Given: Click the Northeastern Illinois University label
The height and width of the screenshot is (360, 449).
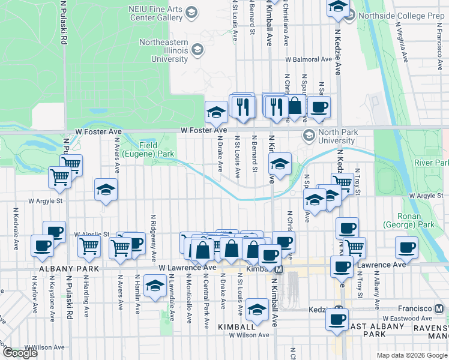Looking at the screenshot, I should pyautogui.click(x=164, y=50).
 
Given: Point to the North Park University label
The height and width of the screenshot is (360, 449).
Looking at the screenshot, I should pyautogui.click(x=328, y=136).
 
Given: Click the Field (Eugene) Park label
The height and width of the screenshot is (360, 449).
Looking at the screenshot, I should pyautogui.click(x=149, y=149).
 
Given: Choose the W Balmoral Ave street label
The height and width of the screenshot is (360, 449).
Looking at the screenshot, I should pyautogui.click(x=309, y=60).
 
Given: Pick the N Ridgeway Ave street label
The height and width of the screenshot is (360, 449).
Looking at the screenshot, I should pyautogui.click(x=154, y=234).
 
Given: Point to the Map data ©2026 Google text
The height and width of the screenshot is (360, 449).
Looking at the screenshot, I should pyautogui.click(x=411, y=355).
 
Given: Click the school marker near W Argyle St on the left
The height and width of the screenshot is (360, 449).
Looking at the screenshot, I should pyautogui.click(x=106, y=190).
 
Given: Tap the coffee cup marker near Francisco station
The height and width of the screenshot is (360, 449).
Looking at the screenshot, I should pyautogui.click(x=406, y=247).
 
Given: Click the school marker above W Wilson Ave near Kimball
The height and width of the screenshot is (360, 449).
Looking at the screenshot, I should pyautogui.click(x=258, y=310).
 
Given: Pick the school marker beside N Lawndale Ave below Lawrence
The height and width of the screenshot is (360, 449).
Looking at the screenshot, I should pyautogui.click(x=155, y=287).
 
